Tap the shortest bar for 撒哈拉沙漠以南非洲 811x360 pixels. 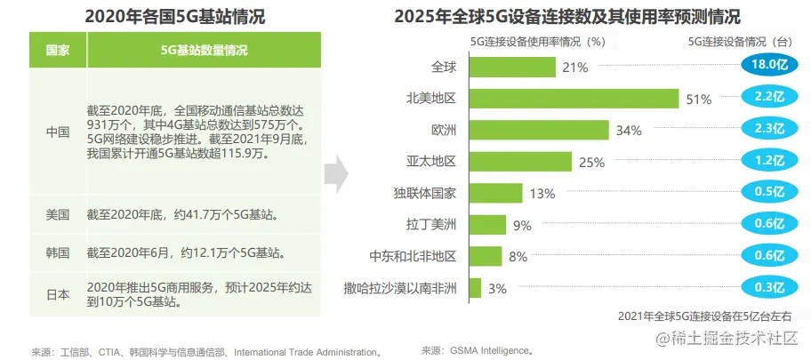point(473,288)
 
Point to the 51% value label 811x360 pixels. point(698,100)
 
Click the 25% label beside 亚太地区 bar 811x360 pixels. point(591,162)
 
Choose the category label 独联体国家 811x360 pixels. point(424,193)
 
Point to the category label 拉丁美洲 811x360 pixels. point(430,225)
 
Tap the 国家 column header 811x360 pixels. point(58,51)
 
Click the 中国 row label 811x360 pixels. point(58,132)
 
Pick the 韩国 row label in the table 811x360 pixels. point(58,252)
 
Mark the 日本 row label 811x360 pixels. point(58,293)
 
